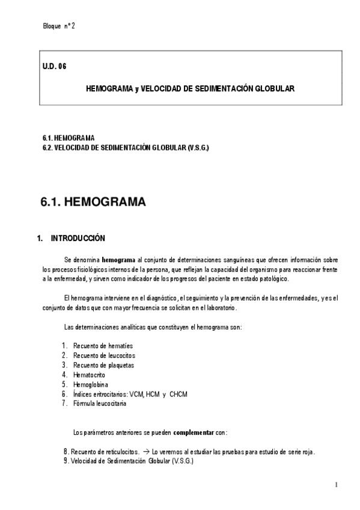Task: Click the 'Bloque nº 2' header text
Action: tap(59, 26)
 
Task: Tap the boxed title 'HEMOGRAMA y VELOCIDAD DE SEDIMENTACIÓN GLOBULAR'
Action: tap(190, 88)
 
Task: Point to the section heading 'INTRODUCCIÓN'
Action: tap(79, 238)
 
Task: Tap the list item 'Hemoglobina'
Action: tap(91, 384)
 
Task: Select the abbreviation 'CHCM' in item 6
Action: tap(178, 394)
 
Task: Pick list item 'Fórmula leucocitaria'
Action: tap(100, 404)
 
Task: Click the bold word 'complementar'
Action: tap(193, 432)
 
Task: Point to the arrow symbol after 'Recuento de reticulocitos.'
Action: tap(146, 452)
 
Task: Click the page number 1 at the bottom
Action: tap(337, 485)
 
